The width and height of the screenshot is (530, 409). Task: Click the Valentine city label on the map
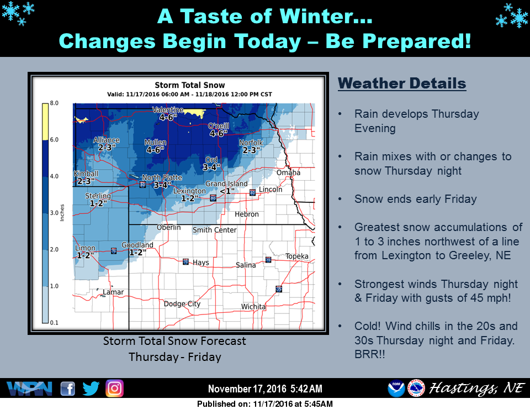(x=167, y=110)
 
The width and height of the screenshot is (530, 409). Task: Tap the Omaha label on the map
(x=289, y=172)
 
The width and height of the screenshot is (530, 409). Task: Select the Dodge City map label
(x=182, y=304)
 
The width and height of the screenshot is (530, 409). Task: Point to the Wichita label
(x=253, y=307)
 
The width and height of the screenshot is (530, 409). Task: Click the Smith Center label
(x=214, y=230)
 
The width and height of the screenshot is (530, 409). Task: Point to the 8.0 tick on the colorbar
(x=54, y=103)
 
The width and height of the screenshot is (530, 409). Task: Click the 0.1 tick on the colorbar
(x=54, y=322)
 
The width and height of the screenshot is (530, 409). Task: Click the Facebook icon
(x=67, y=389)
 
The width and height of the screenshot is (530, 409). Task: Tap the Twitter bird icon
(x=91, y=389)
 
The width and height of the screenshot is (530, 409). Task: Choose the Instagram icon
(x=114, y=389)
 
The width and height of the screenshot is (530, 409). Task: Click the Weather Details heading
(x=402, y=84)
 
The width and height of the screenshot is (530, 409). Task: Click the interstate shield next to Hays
(x=187, y=261)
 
